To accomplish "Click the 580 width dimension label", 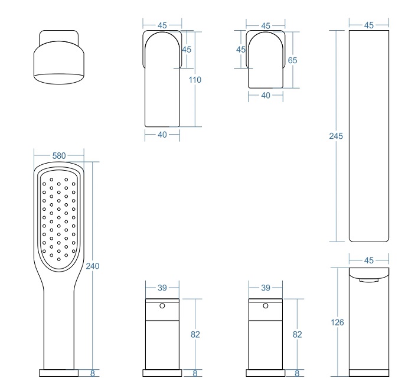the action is (59, 156).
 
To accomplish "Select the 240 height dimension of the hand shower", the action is (93, 266).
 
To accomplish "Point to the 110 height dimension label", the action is (195, 80).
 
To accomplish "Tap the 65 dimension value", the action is (292, 60).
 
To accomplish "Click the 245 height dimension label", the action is (336, 136).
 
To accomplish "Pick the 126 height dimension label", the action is (337, 322).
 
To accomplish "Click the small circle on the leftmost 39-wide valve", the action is (162, 306).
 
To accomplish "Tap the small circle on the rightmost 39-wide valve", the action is (266, 306).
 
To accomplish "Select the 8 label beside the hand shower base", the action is (93, 373).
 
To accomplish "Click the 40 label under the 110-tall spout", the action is (162, 135).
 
